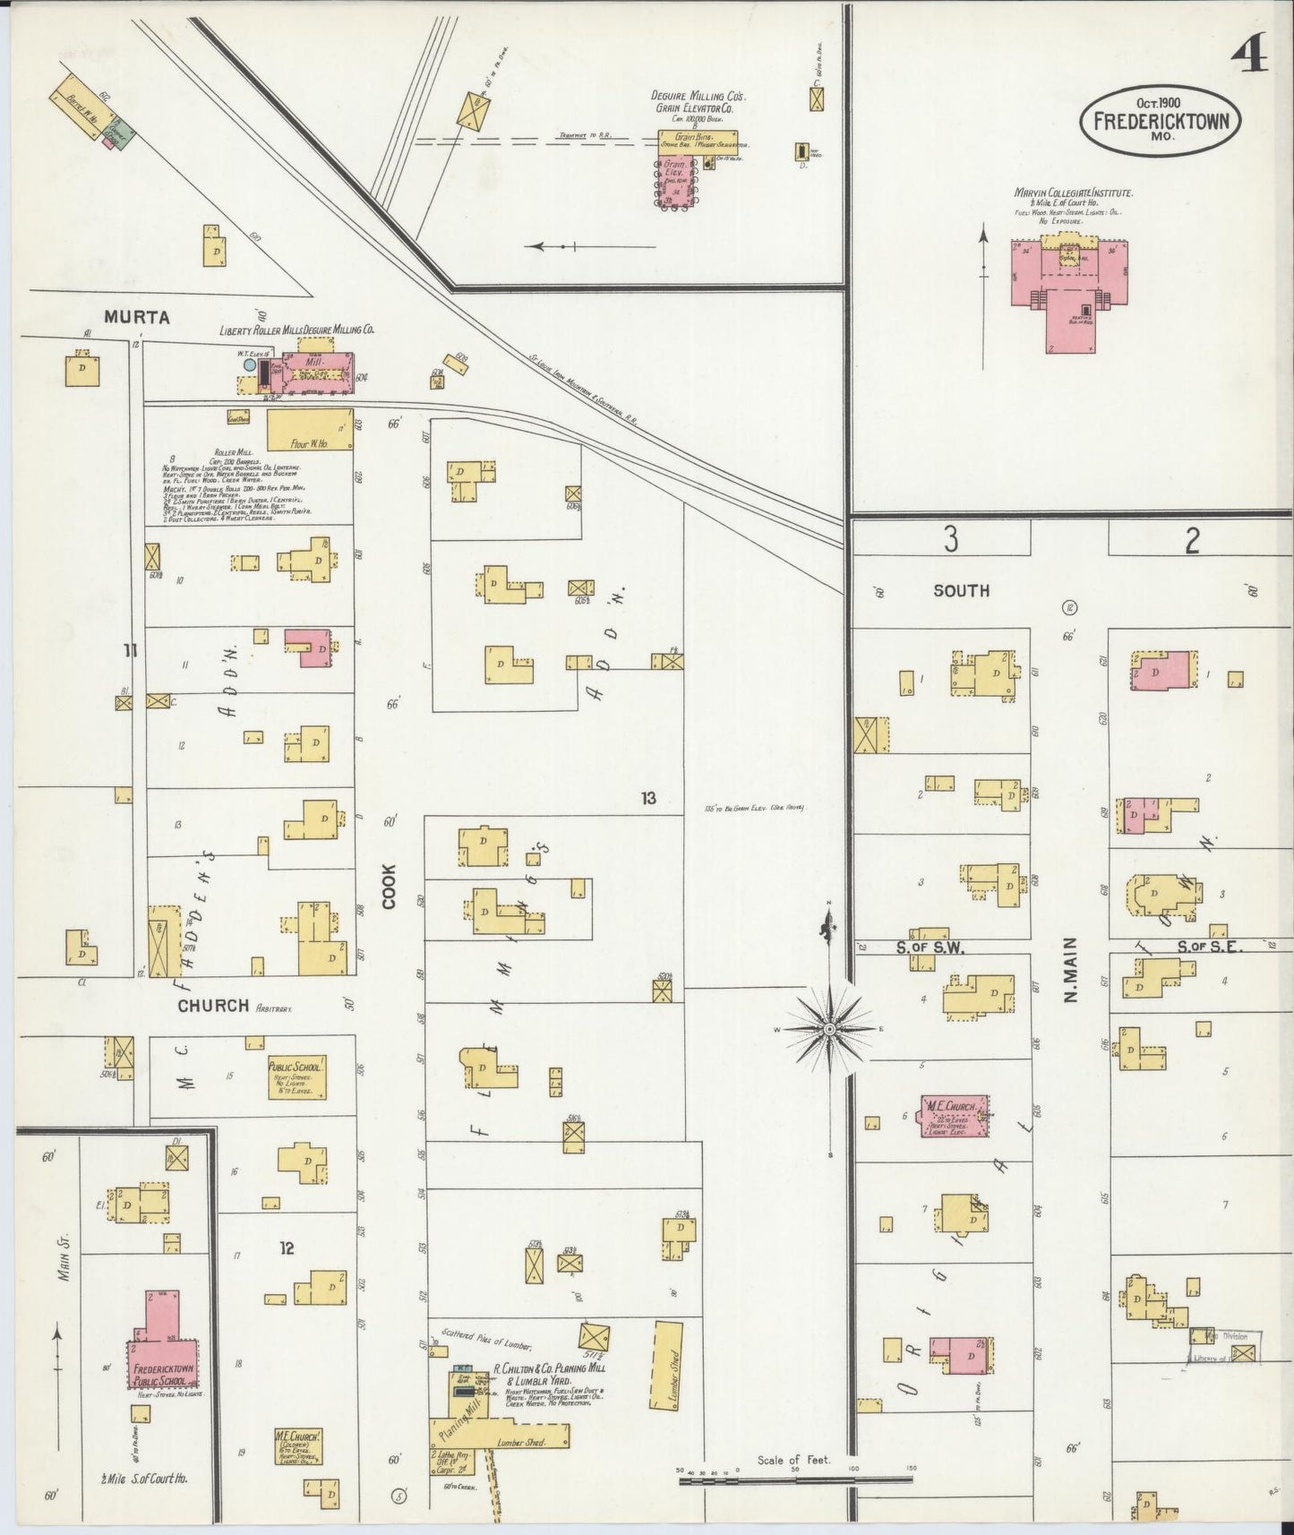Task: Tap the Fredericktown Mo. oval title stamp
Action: (1162, 121)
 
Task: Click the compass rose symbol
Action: (830, 1029)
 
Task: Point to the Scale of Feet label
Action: (793, 1460)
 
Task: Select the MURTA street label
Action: (136, 317)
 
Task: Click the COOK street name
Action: (389, 887)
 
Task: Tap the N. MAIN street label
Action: (1070, 969)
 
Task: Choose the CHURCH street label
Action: (213, 1006)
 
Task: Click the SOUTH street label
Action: (961, 590)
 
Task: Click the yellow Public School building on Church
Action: (296, 1078)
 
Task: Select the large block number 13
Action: (648, 797)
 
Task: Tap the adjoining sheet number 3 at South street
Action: (950, 539)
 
